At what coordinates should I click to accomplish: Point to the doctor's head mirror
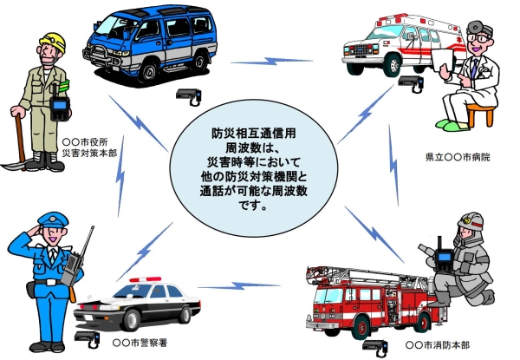tap(473, 23)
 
